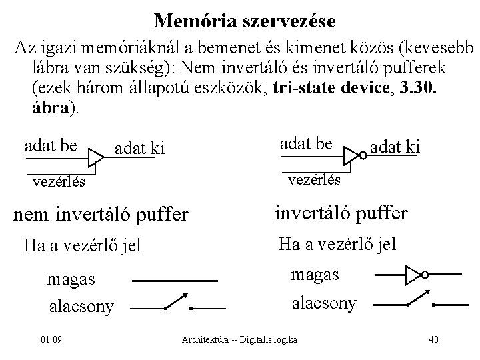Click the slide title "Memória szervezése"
tap(245, 21)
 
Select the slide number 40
tap(434, 340)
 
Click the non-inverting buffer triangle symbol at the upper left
tap(97, 158)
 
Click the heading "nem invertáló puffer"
tap(101, 215)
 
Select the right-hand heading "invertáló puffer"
tap(340, 213)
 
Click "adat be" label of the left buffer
tap(51, 145)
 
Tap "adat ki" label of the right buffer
tap(395, 146)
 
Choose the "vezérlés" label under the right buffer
tap(315, 179)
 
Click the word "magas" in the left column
tap(71, 279)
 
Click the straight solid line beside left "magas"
tap(176, 281)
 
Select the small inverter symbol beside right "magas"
tap(415, 273)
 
